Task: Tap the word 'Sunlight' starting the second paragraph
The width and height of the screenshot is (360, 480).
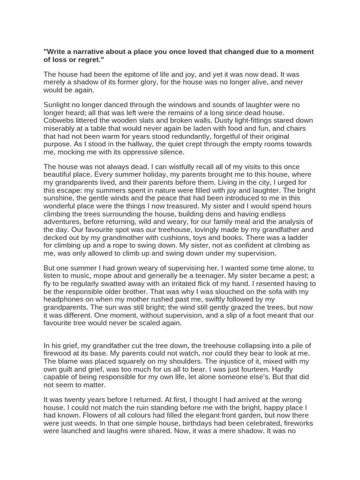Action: pos(58,105)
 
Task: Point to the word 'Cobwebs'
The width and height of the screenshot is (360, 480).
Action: pos(59,120)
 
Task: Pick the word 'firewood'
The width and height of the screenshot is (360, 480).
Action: pos(59,354)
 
